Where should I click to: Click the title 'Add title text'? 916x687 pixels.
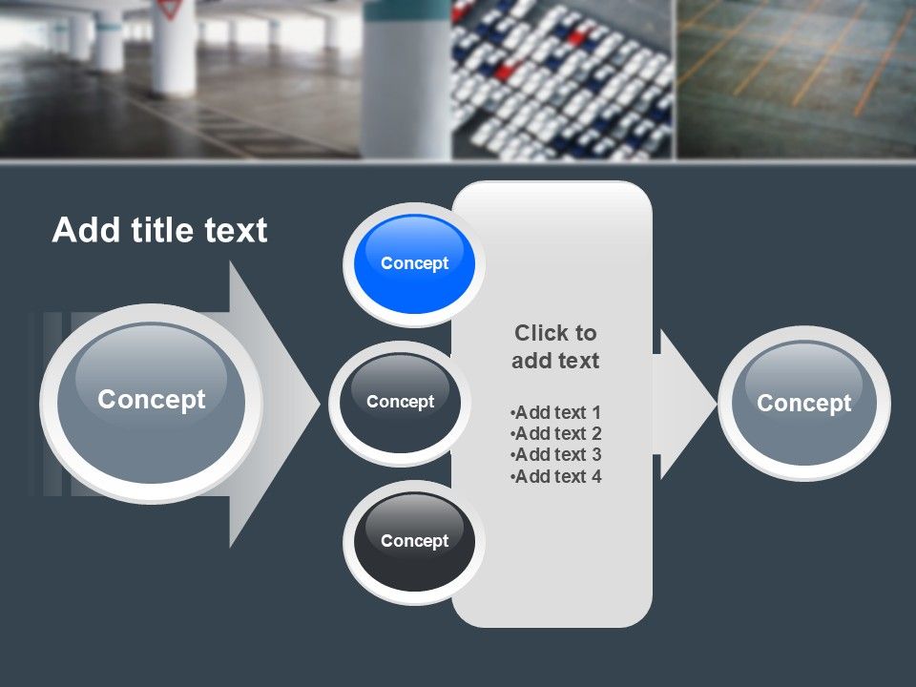(159, 231)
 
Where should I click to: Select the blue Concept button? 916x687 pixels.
(414, 263)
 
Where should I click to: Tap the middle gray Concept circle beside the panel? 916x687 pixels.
(400, 402)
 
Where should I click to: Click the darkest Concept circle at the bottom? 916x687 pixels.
(414, 541)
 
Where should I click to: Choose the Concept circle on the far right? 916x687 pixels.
(803, 404)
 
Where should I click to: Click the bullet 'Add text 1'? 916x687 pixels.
(556, 412)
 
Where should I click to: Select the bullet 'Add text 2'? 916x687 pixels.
(556, 434)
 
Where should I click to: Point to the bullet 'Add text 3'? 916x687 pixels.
(556, 455)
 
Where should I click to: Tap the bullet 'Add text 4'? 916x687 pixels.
(556, 477)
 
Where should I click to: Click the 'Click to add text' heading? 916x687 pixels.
(555, 346)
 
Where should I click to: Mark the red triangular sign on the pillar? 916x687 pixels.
(171, 10)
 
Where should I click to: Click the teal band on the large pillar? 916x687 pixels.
(406, 10)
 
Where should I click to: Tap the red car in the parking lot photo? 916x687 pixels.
(505, 72)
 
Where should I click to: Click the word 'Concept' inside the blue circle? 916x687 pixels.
(414, 263)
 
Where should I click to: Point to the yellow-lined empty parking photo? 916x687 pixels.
(796, 76)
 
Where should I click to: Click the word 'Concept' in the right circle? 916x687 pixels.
(803, 404)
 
